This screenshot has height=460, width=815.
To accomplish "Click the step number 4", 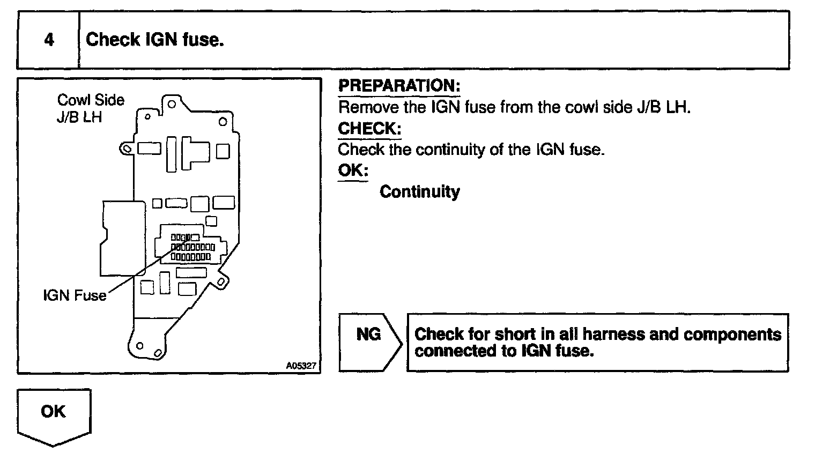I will (49, 40).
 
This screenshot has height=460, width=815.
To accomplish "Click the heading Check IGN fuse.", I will (154, 40).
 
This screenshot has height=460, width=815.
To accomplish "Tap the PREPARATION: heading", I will (399, 86).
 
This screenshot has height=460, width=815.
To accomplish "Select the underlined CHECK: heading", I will (369, 129).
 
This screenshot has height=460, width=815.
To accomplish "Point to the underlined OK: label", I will (353, 170).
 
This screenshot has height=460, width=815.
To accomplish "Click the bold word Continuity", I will (419, 192).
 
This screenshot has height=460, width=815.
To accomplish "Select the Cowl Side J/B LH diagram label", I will (90, 108).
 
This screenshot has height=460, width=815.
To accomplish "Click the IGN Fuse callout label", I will (75, 295).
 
